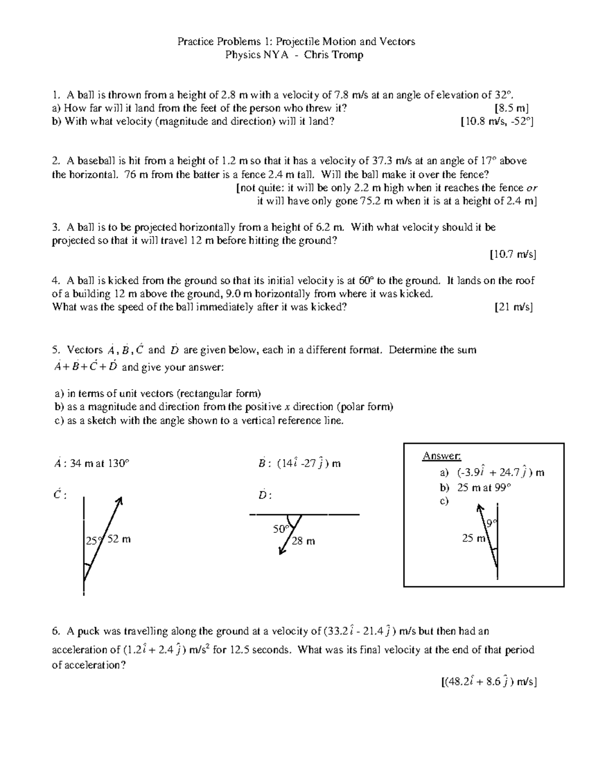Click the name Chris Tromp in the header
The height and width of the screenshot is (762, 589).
pyautogui.click(x=333, y=54)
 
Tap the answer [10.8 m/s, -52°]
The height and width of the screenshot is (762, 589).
pyautogui.click(x=497, y=121)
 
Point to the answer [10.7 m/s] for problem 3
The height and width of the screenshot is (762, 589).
pyautogui.click(x=512, y=254)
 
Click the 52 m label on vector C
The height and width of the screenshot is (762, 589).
pyautogui.click(x=119, y=539)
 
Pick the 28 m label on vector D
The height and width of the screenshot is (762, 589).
pyautogui.click(x=303, y=541)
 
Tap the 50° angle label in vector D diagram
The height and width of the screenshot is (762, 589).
pyautogui.click(x=281, y=529)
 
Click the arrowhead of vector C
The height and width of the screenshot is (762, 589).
pyautogui.click(x=119, y=500)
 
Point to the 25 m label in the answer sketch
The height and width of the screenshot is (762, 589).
pyautogui.click(x=473, y=538)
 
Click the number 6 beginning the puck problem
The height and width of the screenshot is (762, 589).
pyautogui.click(x=55, y=631)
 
